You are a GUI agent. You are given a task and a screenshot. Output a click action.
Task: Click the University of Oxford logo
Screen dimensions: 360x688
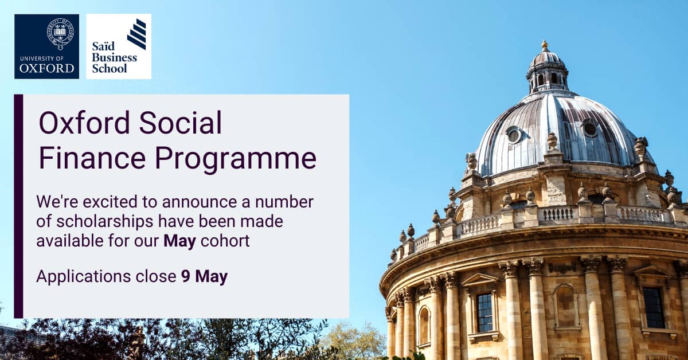coord(46,46)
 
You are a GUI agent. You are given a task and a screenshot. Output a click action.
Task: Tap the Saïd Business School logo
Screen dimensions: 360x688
coord(119,46)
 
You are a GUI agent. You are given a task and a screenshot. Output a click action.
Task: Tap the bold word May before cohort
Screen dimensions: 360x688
coord(179,241)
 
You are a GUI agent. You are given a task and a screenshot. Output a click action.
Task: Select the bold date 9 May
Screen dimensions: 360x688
coord(204,277)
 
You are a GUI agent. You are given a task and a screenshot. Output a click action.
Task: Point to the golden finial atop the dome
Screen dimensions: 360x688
coord(545,45)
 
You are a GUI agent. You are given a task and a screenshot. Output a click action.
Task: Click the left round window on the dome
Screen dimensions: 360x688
coord(514,135)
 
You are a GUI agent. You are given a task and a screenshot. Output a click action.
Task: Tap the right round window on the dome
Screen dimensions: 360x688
coord(590,128)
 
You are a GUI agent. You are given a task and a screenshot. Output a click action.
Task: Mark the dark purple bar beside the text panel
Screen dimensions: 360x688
coord(18,206)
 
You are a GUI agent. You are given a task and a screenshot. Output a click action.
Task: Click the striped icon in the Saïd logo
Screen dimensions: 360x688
coord(136,34)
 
